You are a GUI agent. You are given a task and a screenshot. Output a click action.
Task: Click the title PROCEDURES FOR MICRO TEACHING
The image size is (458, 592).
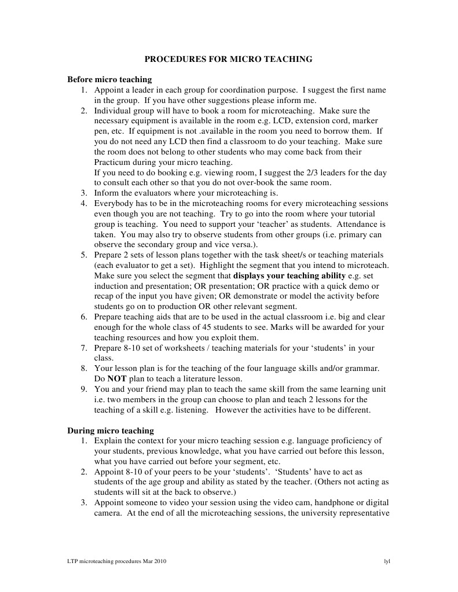pos(228,59)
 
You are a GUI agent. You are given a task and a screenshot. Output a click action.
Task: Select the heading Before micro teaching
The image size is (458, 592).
pos(109,80)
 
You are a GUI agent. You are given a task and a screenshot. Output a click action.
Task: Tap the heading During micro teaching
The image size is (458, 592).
pos(111,431)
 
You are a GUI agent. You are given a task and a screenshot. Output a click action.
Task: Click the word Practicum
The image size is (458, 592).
pos(112,163)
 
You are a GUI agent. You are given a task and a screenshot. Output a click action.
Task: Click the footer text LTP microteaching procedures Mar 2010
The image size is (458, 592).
pos(117,562)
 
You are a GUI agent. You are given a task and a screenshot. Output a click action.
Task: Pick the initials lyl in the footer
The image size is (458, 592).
pos(387,562)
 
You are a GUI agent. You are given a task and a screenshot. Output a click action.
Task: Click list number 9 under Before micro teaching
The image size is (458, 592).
pos(84,389)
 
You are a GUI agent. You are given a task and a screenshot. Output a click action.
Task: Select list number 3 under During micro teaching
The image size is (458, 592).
pos(84,502)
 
